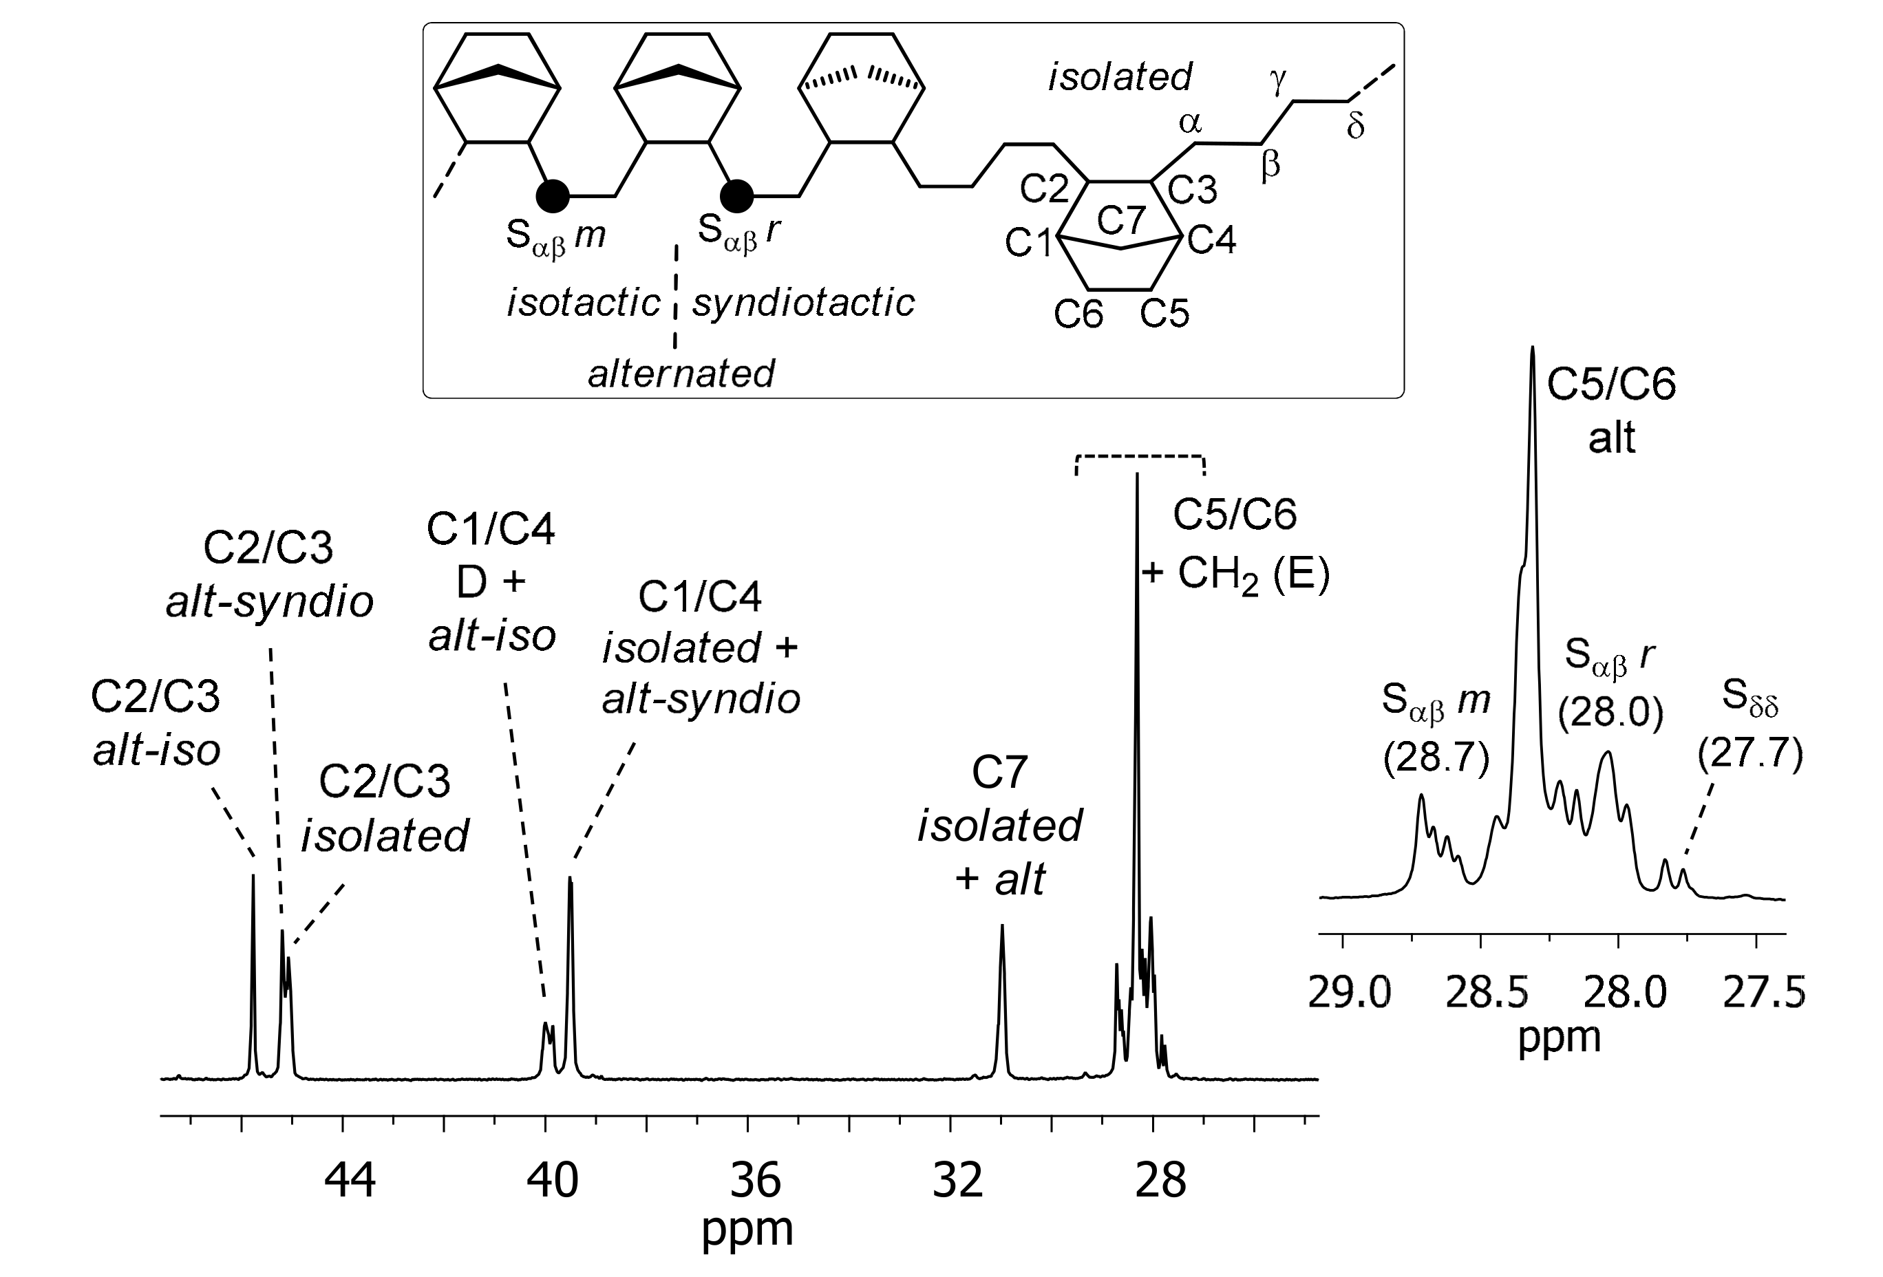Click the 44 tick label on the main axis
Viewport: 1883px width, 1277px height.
350,1180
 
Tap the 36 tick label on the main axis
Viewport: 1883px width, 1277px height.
755,1180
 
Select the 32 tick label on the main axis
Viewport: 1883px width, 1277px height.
958,1180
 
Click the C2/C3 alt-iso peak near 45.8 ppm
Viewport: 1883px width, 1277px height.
253,879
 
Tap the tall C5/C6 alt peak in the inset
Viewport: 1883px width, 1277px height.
1532,352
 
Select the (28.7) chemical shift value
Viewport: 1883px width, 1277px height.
1436,759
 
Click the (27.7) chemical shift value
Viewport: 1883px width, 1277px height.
1750,754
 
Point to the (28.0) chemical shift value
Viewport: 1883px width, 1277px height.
1610,713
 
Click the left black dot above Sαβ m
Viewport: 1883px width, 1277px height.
553,195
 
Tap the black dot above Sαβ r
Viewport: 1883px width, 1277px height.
736,195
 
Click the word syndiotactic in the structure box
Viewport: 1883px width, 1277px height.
803,303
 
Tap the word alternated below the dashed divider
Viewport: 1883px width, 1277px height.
681,374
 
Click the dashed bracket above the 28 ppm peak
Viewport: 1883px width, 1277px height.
1139,458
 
